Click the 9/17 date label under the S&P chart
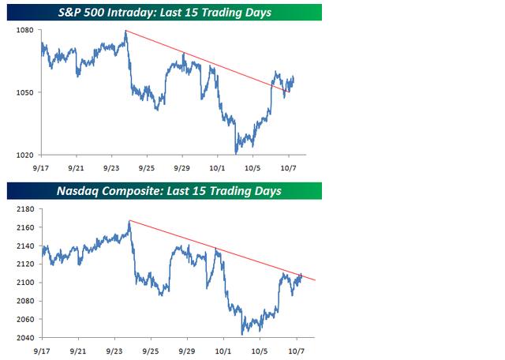click(41, 167)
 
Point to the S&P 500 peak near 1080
click(126, 31)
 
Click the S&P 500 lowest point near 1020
click(236, 152)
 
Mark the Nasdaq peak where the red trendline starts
click(129, 221)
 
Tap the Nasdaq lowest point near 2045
click(242, 334)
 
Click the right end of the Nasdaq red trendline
click(315, 281)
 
